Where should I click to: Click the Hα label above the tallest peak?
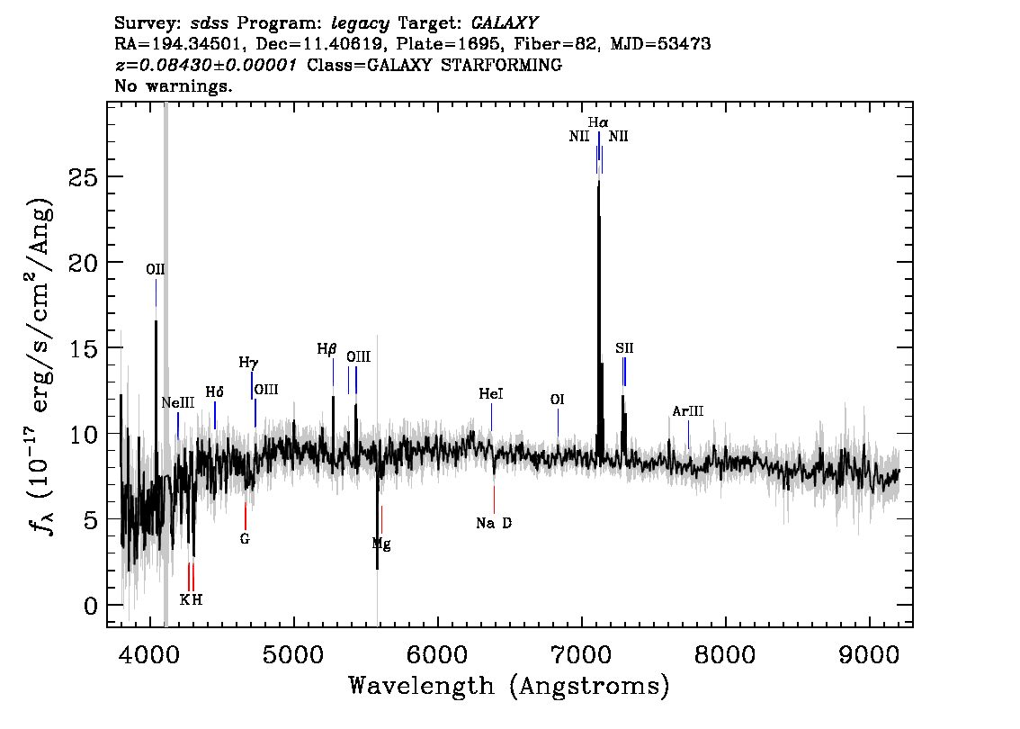(x=598, y=122)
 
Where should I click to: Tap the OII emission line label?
(x=156, y=269)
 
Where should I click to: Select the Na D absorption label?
(x=494, y=523)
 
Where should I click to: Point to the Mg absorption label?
(x=381, y=544)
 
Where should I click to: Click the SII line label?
(x=624, y=348)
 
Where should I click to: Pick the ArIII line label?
(x=687, y=411)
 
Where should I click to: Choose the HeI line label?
(x=491, y=394)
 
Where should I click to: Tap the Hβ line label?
(x=327, y=349)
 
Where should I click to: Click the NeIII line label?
(x=178, y=403)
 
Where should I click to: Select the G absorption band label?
(x=245, y=539)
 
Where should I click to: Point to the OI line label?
(x=558, y=400)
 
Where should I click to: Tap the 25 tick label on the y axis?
(x=83, y=177)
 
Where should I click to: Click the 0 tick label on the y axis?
(x=91, y=607)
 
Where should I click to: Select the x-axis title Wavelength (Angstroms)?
(x=509, y=686)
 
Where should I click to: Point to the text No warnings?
(x=173, y=85)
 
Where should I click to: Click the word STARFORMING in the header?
(x=502, y=65)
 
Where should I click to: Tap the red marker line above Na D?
(x=495, y=499)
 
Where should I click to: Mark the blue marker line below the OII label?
(x=157, y=292)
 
